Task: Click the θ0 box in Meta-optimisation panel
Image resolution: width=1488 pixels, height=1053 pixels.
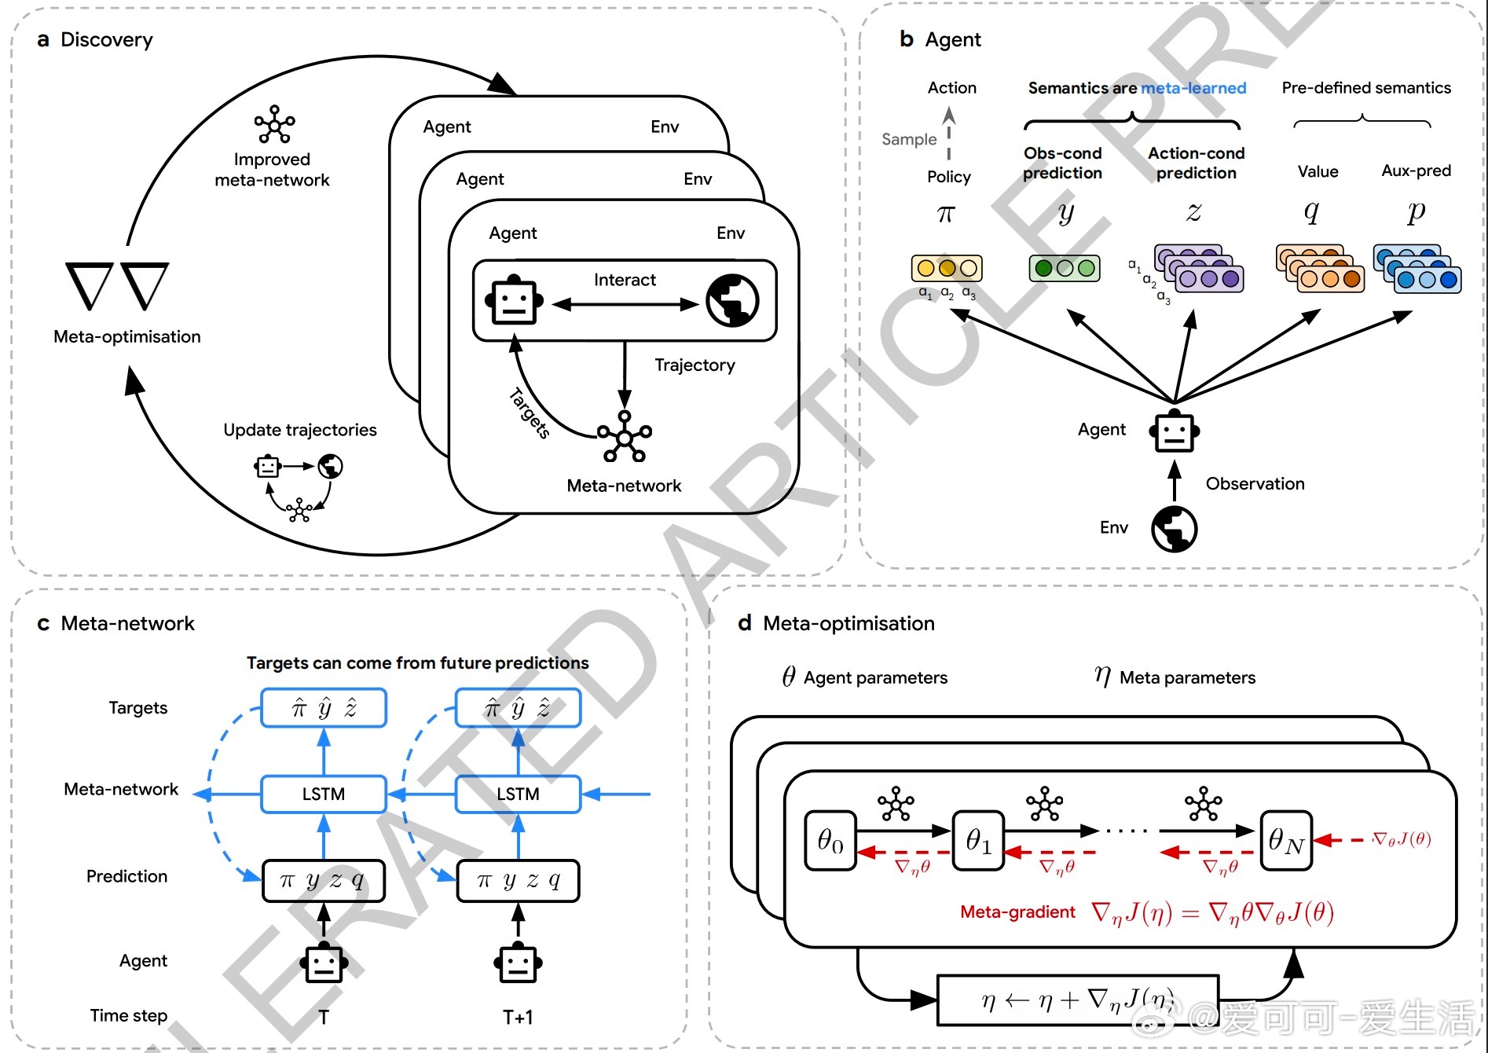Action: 830,841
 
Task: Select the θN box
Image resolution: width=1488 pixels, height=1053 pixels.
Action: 1286,841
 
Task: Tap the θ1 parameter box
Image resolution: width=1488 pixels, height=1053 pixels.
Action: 978,841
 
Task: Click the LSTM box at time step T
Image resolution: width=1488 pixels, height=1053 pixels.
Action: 324,794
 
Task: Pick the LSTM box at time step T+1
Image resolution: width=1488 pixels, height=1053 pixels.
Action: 518,794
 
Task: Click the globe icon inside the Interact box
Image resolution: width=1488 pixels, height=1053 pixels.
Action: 732,301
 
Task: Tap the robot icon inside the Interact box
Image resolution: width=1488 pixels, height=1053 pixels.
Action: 514,300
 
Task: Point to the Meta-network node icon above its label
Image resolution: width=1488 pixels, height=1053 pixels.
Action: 625,436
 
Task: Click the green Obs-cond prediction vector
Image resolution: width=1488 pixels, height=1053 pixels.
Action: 1065,268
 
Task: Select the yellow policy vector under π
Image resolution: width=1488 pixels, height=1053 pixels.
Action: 947,268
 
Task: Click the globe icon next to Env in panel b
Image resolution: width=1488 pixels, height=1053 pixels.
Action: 1174,529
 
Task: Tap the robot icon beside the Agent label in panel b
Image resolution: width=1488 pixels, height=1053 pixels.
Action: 1175,431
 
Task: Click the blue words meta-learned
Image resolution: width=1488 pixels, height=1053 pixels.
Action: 1193,88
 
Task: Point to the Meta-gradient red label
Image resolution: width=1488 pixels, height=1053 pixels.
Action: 1017,912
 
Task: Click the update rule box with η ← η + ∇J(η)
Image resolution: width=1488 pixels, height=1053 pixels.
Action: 1078,1000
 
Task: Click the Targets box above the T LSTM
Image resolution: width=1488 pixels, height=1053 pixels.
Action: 324,708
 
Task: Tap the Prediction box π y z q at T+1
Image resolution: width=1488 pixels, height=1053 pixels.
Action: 518,881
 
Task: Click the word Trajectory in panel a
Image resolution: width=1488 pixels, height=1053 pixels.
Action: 695,365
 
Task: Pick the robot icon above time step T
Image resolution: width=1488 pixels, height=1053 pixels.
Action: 324,963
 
